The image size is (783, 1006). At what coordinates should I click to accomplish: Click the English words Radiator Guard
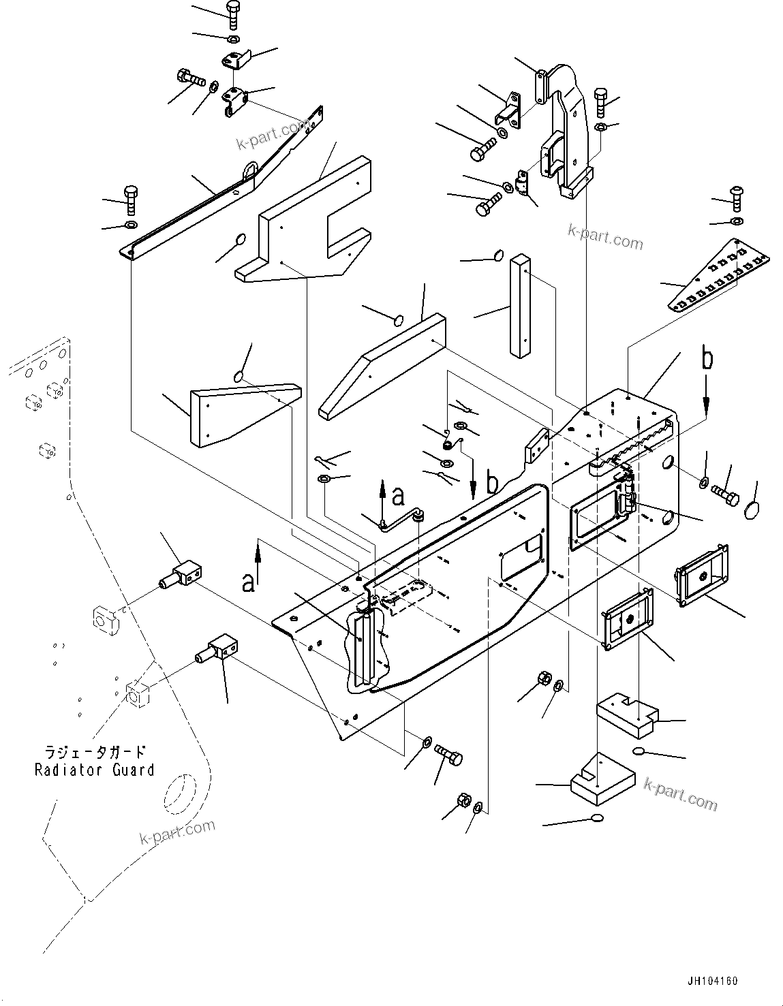[95, 770]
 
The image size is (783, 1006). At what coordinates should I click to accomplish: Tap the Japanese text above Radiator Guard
[95, 753]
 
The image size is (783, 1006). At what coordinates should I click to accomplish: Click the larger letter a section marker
[249, 582]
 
